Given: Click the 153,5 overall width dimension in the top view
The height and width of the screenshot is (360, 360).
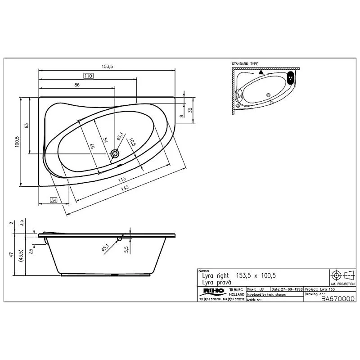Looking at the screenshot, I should [x=107, y=66].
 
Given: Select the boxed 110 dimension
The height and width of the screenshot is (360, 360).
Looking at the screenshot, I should [x=88, y=76].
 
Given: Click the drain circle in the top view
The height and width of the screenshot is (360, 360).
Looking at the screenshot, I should [x=116, y=153].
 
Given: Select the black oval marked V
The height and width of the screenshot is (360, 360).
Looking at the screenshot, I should [x=290, y=78].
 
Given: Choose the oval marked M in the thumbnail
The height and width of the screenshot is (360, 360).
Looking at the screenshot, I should [x=239, y=95].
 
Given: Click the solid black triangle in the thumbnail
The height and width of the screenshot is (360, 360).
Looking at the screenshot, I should [x=261, y=72].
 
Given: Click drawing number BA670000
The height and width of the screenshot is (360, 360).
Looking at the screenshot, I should [x=337, y=299].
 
